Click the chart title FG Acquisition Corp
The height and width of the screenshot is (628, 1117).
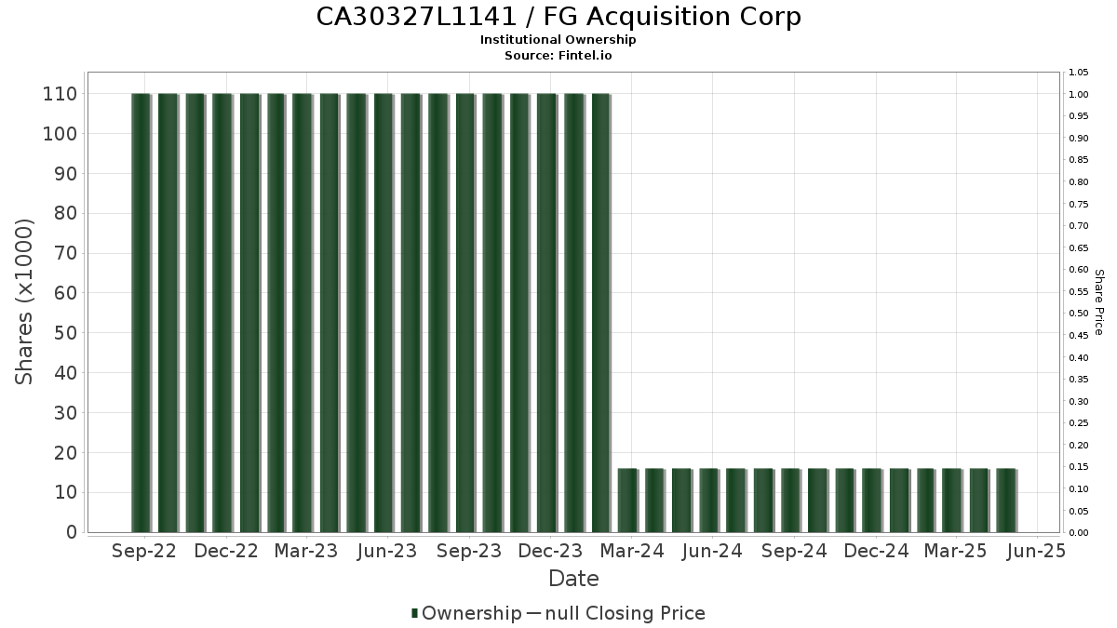tap(558, 17)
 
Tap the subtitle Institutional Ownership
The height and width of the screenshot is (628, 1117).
tap(558, 40)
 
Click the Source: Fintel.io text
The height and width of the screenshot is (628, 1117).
tap(558, 55)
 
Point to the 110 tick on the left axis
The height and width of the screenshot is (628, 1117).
tap(60, 94)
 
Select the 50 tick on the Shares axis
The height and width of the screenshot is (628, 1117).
tap(65, 333)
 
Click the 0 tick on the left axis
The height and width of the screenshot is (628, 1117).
tap(71, 532)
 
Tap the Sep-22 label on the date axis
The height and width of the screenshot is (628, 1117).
tap(143, 551)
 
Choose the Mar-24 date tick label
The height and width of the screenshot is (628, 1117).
tap(632, 551)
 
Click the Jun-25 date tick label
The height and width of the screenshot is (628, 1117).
tap(1036, 551)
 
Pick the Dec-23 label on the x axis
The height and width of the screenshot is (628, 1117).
tap(550, 551)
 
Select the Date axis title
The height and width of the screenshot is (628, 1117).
tap(573, 579)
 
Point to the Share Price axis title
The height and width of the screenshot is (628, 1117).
tap(1098, 302)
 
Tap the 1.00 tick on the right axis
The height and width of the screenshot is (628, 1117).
tap(1079, 94)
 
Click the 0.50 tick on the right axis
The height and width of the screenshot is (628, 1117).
tap(1079, 314)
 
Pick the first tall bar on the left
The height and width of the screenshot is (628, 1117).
tap(141, 313)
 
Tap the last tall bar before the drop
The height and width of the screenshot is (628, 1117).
tap(601, 313)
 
